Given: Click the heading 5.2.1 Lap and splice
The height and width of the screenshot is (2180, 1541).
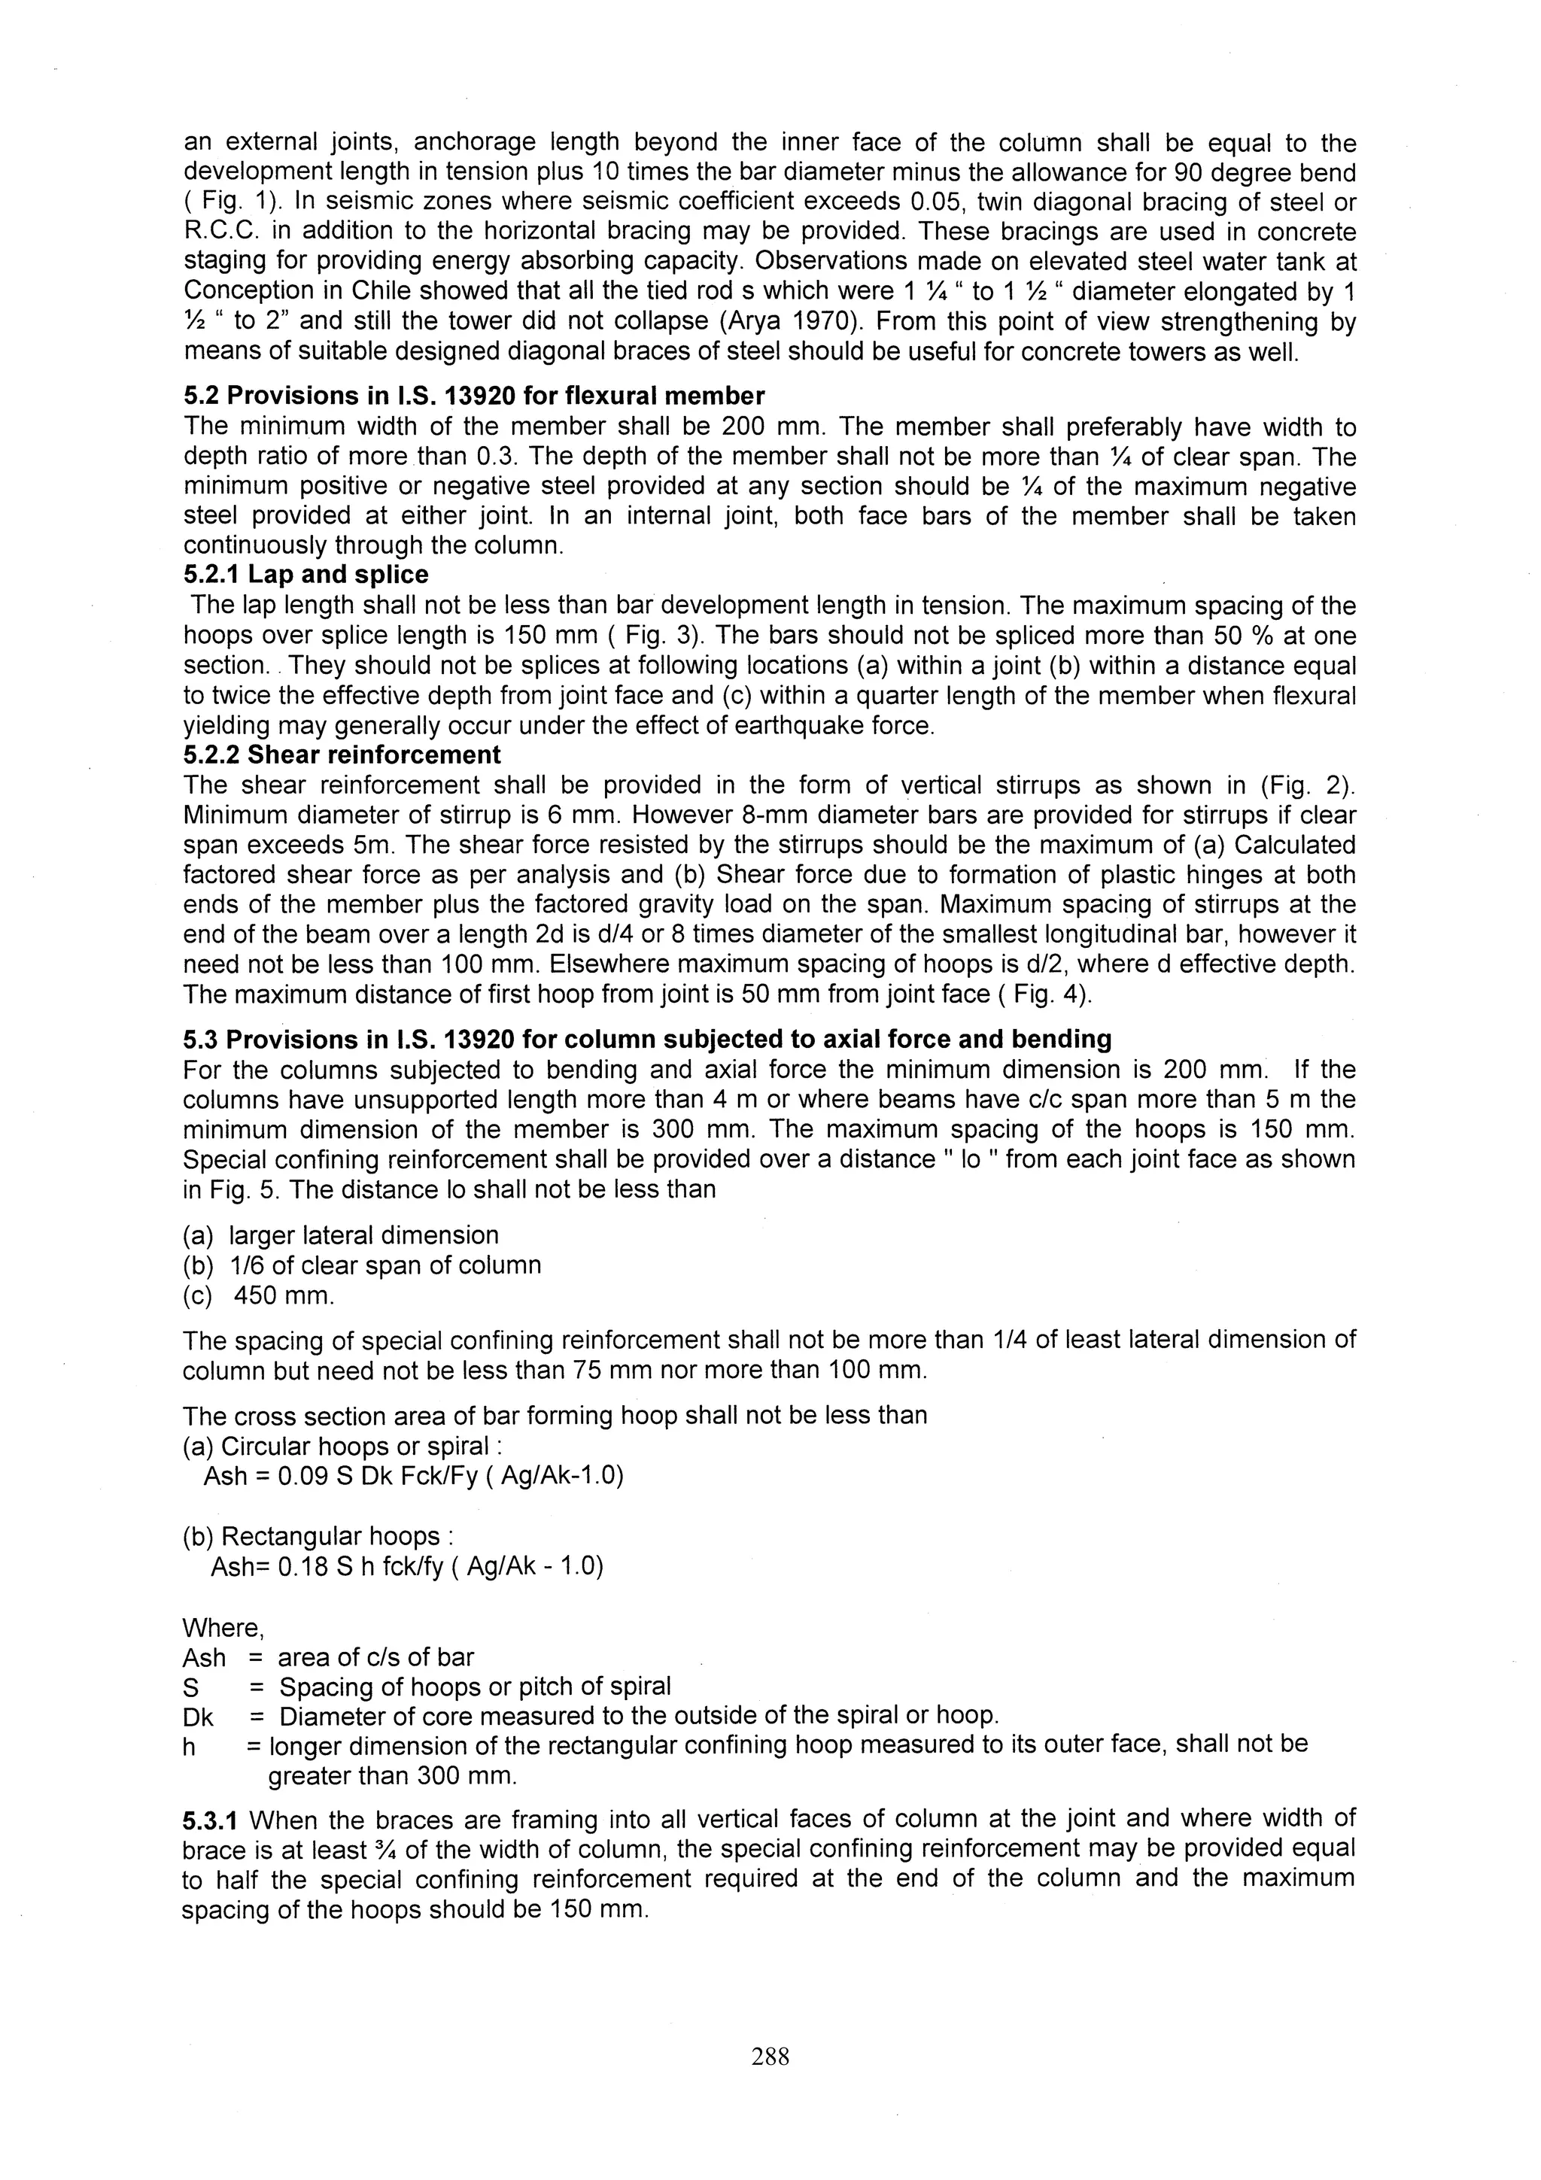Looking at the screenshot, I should click(305, 575).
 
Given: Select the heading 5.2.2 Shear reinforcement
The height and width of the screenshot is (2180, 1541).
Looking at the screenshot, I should click(341, 754).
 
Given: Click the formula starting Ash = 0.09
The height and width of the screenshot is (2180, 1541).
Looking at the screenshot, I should click(413, 1477).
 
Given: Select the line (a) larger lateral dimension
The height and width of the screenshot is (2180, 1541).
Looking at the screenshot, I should click(340, 1235).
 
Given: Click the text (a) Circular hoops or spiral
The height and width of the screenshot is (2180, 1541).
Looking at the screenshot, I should click(342, 1447).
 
